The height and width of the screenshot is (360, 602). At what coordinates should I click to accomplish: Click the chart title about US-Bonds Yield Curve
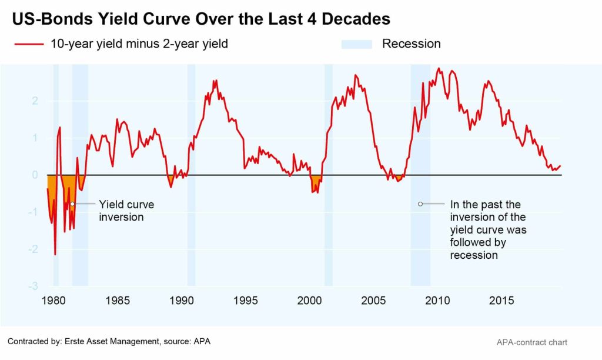coord(201,19)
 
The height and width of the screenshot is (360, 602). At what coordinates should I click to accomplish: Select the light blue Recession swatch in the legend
coord(356,44)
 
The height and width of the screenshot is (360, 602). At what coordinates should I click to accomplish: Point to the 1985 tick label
coord(117,301)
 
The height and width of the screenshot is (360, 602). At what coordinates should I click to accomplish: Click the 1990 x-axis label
coord(181,301)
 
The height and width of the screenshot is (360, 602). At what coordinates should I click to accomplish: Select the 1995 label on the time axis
coord(245,301)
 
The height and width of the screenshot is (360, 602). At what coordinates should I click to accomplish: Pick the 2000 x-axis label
coord(309,301)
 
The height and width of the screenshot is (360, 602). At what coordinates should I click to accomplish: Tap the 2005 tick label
coord(373,301)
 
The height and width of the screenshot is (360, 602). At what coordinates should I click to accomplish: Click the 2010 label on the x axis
coord(437,301)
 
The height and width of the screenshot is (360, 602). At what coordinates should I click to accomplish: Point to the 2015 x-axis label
coord(501,301)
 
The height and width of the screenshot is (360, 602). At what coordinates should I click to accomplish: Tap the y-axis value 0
coord(35,175)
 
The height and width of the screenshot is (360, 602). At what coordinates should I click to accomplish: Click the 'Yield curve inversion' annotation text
coord(126,211)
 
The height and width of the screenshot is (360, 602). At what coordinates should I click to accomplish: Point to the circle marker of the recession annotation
coord(420,204)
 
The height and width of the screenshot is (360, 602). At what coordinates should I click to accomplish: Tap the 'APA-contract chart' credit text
coord(532,342)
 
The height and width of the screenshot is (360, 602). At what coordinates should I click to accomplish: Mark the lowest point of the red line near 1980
coord(55,255)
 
